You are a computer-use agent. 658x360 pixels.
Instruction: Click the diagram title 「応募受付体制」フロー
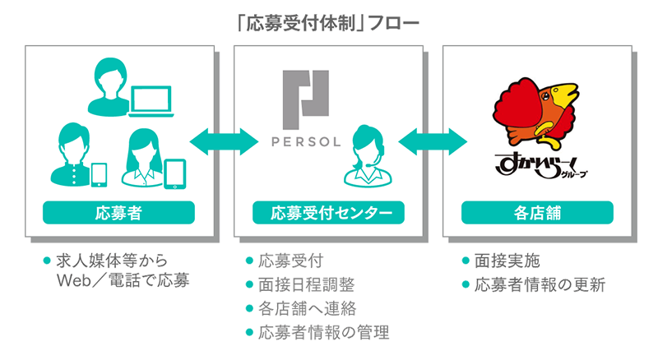point(328,24)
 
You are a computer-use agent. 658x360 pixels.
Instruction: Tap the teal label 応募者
point(118,213)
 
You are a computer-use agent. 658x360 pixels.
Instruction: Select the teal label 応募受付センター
point(328,213)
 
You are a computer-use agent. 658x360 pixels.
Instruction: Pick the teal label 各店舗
point(537,213)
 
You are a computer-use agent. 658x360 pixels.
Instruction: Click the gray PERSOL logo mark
point(305,99)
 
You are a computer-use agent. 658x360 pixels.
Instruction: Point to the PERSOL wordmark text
point(306,142)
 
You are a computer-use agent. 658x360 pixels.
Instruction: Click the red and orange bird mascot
point(535,113)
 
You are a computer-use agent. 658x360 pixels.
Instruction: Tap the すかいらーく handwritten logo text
point(541,166)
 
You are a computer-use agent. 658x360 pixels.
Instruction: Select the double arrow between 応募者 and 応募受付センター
point(224,142)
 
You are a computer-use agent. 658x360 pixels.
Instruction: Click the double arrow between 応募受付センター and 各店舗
point(433,142)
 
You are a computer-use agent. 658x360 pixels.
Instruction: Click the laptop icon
point(151,101)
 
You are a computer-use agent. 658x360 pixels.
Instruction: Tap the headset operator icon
point(368,156)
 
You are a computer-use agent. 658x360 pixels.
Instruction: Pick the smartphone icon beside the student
point(99,175)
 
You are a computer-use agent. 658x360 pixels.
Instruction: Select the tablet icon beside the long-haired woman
point(174,174)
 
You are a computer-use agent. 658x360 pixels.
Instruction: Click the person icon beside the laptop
point(110,87)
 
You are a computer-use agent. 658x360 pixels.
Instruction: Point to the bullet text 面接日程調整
point(306,285)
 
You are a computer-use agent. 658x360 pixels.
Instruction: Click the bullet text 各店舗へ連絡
point(307,309)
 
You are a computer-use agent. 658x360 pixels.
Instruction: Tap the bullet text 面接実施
point(507,261)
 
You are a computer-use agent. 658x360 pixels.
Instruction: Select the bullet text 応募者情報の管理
point(323,333)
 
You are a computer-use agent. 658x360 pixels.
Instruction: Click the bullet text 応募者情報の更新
point(540,285)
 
